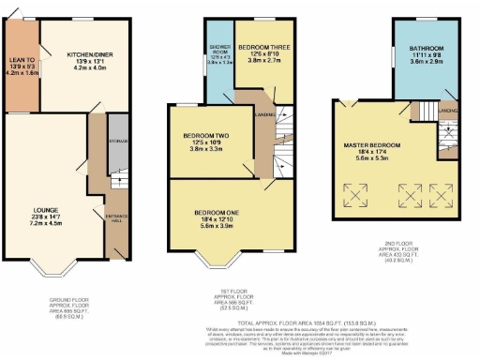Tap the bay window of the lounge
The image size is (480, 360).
click(58, 271)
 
